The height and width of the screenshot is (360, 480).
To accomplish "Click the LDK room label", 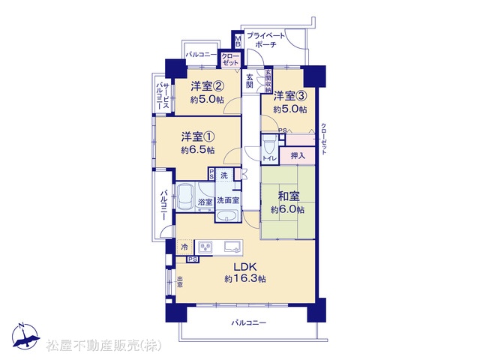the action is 244,267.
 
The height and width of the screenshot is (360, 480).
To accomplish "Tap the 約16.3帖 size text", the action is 245,279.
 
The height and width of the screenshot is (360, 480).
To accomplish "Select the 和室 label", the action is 289,196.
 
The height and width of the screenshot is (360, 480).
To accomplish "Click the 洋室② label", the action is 207,86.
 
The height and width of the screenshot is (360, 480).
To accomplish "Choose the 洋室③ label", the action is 290,96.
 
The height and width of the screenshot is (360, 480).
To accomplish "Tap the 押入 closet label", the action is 298,156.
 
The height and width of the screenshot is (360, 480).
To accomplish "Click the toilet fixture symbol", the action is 270,144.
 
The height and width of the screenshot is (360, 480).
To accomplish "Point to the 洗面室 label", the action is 228,200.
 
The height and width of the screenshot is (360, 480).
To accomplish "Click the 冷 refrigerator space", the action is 184,247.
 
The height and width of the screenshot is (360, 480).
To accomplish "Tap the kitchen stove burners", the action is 205,247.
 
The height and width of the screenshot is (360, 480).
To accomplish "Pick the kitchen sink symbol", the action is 233,247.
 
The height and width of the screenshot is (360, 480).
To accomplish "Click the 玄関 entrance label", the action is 250,81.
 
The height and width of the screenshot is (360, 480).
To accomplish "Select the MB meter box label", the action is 238,42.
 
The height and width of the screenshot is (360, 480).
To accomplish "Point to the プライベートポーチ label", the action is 265,40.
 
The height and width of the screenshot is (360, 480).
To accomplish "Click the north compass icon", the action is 25,337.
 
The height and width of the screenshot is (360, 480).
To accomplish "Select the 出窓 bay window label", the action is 180,282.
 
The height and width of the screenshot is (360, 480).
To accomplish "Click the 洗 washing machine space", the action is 224,175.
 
